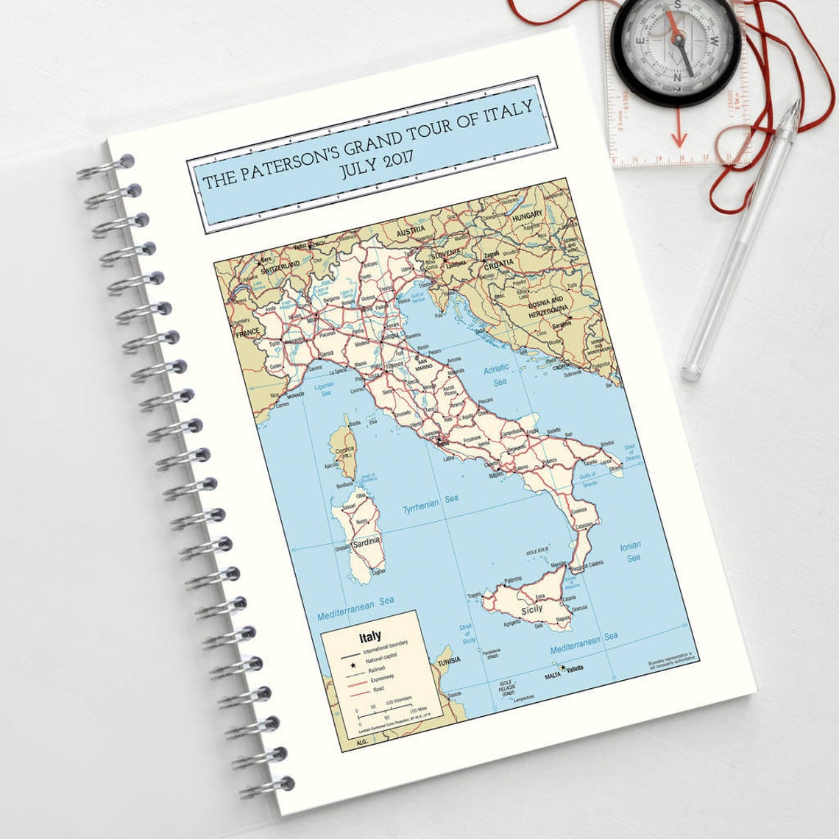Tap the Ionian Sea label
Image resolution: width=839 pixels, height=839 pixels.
click(x=631, y=551)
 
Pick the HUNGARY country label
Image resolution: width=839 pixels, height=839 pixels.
click(x=527, y=214)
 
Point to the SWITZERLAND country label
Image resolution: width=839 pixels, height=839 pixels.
click(x=280, y=264)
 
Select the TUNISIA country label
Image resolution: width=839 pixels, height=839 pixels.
click(x=447, y=660)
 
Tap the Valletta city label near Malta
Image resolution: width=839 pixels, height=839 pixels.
click(x=574, y=668)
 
